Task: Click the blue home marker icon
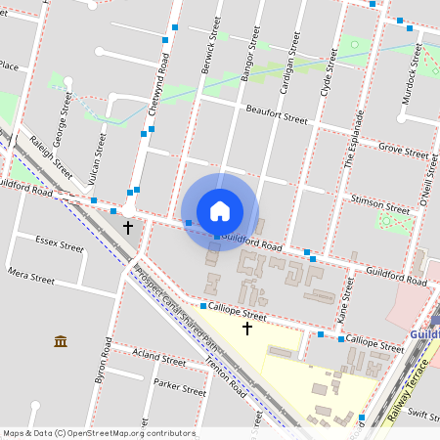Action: click(x=220, y=211)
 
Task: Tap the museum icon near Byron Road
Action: click(x=61, y=341)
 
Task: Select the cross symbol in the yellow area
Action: click(x=246, y=329)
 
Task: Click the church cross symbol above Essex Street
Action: click(x=127, y=227)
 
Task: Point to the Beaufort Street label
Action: click(x=277, y=115)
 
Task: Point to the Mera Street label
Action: click(x=30, y=277)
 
